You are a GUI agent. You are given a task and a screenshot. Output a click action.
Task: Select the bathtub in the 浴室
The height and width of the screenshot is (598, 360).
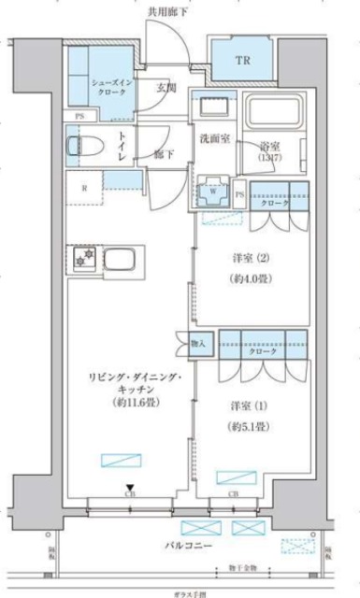pos(268,117)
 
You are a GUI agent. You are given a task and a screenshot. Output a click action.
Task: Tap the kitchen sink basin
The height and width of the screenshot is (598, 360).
pos(121,257)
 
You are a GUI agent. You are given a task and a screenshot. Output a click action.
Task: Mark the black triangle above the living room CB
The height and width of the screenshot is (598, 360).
pos(129,484)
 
